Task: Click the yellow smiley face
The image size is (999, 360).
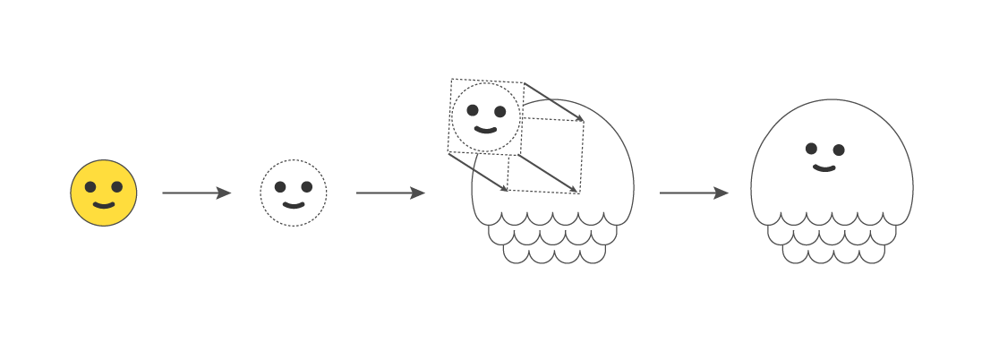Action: click(104, 193)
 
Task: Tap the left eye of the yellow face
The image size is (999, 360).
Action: click(90, 187)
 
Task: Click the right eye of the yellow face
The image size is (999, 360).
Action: click(117, 187)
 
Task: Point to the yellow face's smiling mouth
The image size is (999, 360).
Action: click(104, 205)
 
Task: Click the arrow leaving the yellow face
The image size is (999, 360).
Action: click(196, 193)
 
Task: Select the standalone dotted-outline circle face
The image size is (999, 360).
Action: click(294, 193)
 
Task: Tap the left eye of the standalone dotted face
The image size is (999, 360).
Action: click(280, 187)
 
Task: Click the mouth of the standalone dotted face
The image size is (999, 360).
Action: click(294, 205)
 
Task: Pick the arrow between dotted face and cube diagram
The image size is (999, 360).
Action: click(390, 193)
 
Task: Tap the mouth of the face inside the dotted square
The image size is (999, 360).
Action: click(485, 130)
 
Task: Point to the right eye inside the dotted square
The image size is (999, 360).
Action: click(499, 112)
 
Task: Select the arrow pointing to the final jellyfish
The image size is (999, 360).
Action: click(694, 193)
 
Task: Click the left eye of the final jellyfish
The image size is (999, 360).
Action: click(811, 149)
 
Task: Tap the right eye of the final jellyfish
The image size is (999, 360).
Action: click(839, 150)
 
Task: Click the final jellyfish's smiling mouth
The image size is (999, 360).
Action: click(824, 167)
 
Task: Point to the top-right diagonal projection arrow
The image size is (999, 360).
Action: click(554, 101)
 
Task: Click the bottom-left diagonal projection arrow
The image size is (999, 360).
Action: click(478, 172)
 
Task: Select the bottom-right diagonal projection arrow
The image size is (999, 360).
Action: click(548, 173)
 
